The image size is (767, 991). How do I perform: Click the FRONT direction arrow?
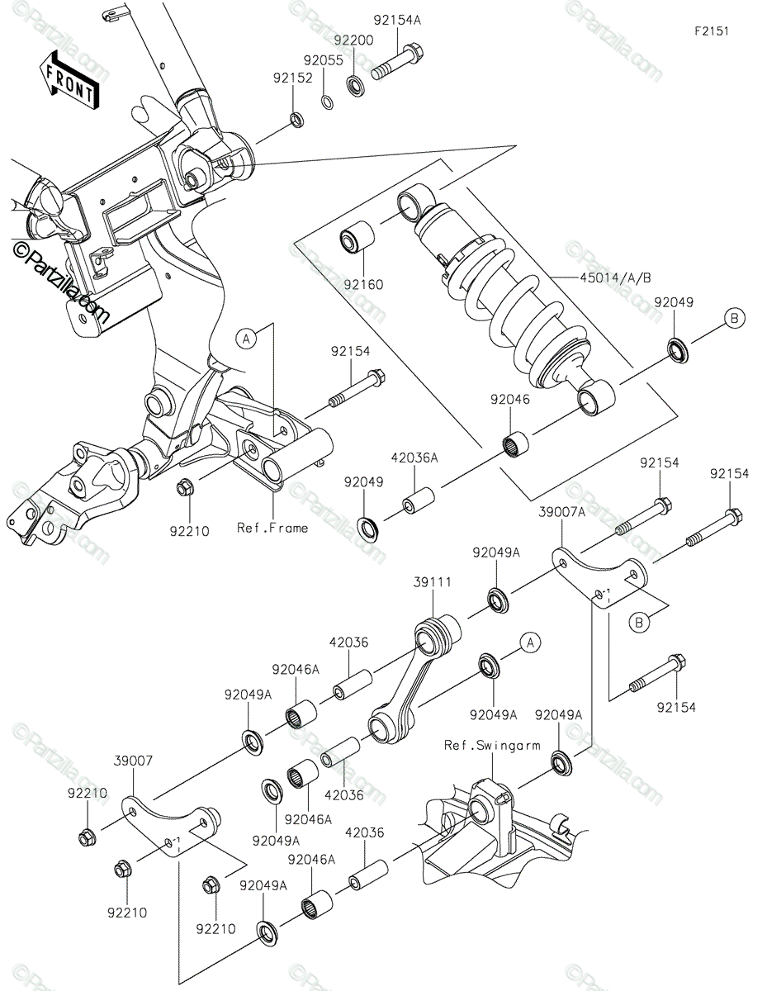point(69,80)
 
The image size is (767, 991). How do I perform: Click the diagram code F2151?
point(712,31)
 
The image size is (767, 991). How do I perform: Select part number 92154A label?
point(397,20)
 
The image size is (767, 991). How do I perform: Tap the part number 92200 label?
point(353,40)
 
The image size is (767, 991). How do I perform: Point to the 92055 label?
point(323,60)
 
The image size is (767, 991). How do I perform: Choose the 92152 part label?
point(293,78)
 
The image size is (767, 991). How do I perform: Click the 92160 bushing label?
point(363,285)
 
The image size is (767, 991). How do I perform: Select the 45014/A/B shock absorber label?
point(615,277)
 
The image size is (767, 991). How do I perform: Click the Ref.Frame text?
point(272,528)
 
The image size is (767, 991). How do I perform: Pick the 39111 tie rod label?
point(433,582)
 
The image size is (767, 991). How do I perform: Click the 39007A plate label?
point(561,512)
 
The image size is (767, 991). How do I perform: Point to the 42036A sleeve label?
point(414,458)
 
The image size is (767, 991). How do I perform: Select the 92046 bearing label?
point(510,400)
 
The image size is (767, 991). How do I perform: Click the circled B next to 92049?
point(734,318)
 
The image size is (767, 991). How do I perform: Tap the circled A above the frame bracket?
point(247,339)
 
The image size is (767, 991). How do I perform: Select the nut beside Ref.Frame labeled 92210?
point(185,488)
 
